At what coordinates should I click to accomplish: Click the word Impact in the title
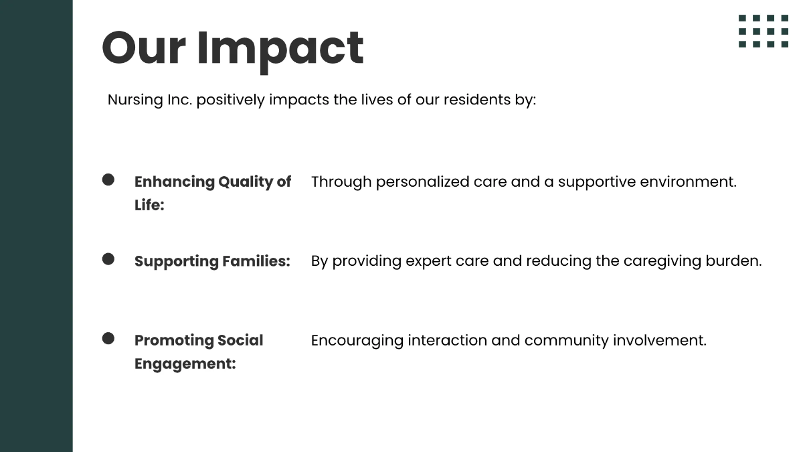click(x=280, y=51)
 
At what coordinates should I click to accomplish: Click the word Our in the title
click(x=144, y=48)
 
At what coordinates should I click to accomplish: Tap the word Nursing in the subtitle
click(x=135, y=100)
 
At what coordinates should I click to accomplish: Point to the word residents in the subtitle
click(x=476, y=100)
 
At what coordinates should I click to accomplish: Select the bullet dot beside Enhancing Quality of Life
click(x=108, y=179)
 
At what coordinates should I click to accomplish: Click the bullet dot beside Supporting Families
click(x=108, y=259)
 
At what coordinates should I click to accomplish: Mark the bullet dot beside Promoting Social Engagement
click(x=108, y=338)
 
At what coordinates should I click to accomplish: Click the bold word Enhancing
click(x=175, y=183)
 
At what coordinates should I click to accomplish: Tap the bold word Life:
click(x=149, y=205)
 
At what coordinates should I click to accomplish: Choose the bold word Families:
click(x=256, y=261)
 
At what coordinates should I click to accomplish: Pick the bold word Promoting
click(x=173, y=341)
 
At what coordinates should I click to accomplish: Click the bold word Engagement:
click(x=185, y=364)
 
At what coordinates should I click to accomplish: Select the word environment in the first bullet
click(x=688, y=182)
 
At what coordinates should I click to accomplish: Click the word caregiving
click(x=662, y=262)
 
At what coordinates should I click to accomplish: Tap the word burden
click(x=733, y=261)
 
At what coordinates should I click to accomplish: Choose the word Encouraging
click(x=357, y=341)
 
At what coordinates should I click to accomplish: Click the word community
click(x=566, y=341)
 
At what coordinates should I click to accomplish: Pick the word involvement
click(x=659, y=340)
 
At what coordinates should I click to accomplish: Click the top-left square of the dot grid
click(x=742, y=18)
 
